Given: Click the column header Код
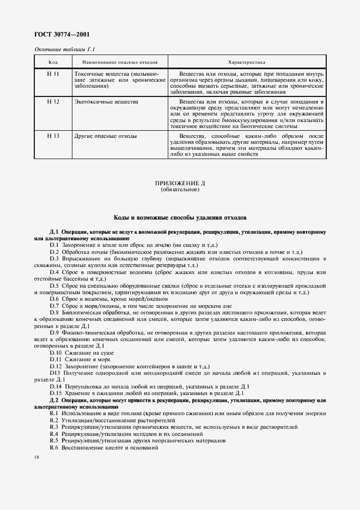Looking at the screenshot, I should (x=53, y=62).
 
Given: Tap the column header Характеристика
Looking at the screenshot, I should (x=246, y=62).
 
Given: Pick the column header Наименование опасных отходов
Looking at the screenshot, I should (x=119, y=62).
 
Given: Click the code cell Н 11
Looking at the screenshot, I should (x=53, y=73).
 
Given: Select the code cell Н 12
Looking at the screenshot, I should (x=53, y=102).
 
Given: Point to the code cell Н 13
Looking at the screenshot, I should (x=53, y=136).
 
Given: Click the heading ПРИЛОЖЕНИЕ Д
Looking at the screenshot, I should (x=180, y=185).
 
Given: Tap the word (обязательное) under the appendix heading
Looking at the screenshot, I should (x=180, y=191).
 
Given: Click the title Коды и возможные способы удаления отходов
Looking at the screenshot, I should (x=180, y=217).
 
